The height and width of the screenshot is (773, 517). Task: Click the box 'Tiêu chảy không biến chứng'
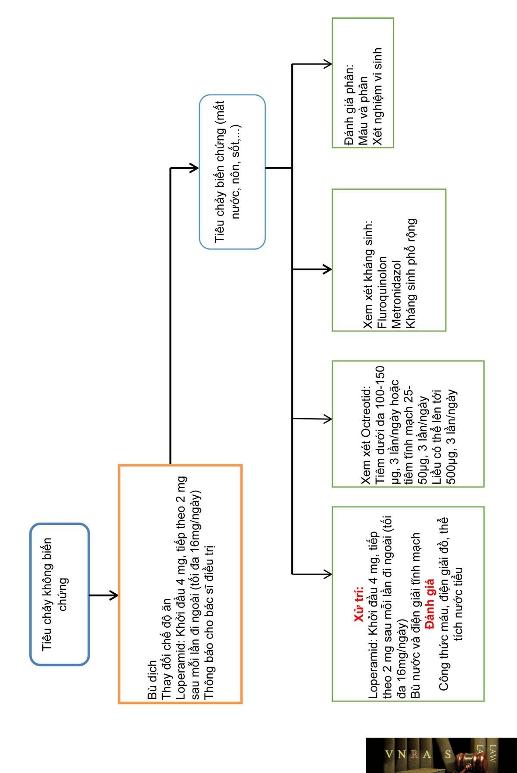click(x=59, y=594)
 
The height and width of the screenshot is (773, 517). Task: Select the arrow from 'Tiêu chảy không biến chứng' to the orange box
click(x=103, y=595)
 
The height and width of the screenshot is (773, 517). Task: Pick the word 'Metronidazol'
click(x=396, y=295)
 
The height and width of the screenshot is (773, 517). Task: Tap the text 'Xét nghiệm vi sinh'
click(x=377, y=97)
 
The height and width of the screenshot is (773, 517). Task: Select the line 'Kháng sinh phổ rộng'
click(x=410, y=274)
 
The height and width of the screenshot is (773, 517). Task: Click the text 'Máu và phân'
click(x=363, y=111)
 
